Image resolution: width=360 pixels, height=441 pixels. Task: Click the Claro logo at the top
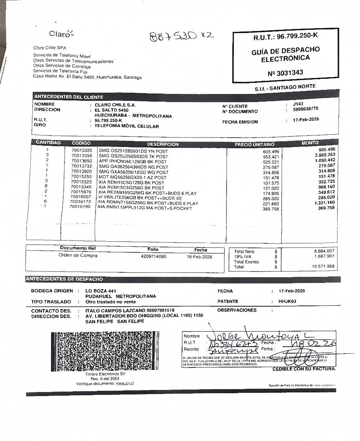[61, 33]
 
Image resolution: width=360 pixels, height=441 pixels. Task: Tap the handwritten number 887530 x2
[181, 36]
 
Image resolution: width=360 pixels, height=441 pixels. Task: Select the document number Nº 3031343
[285, 73]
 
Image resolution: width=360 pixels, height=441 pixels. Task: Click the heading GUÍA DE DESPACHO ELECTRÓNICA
[285, 54]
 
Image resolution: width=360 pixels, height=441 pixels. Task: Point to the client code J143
[298, 104]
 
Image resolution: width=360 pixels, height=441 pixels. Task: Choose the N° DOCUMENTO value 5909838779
[305, 109]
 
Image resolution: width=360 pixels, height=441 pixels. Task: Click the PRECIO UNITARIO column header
[254, 145]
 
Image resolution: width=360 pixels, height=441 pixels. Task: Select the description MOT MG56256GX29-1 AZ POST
[132, 178]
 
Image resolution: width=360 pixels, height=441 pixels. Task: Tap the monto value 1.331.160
[324, 203]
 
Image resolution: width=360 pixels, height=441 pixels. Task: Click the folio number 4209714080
[153, 256]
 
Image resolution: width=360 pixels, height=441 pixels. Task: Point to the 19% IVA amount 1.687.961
[324, 256]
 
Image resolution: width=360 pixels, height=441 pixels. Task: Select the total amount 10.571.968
[323, 267]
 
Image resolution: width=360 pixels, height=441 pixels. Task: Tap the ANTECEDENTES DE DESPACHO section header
[64, 279]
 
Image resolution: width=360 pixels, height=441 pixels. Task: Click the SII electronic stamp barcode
[103, 351]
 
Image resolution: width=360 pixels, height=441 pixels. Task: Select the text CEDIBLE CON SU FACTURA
[304, 369]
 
